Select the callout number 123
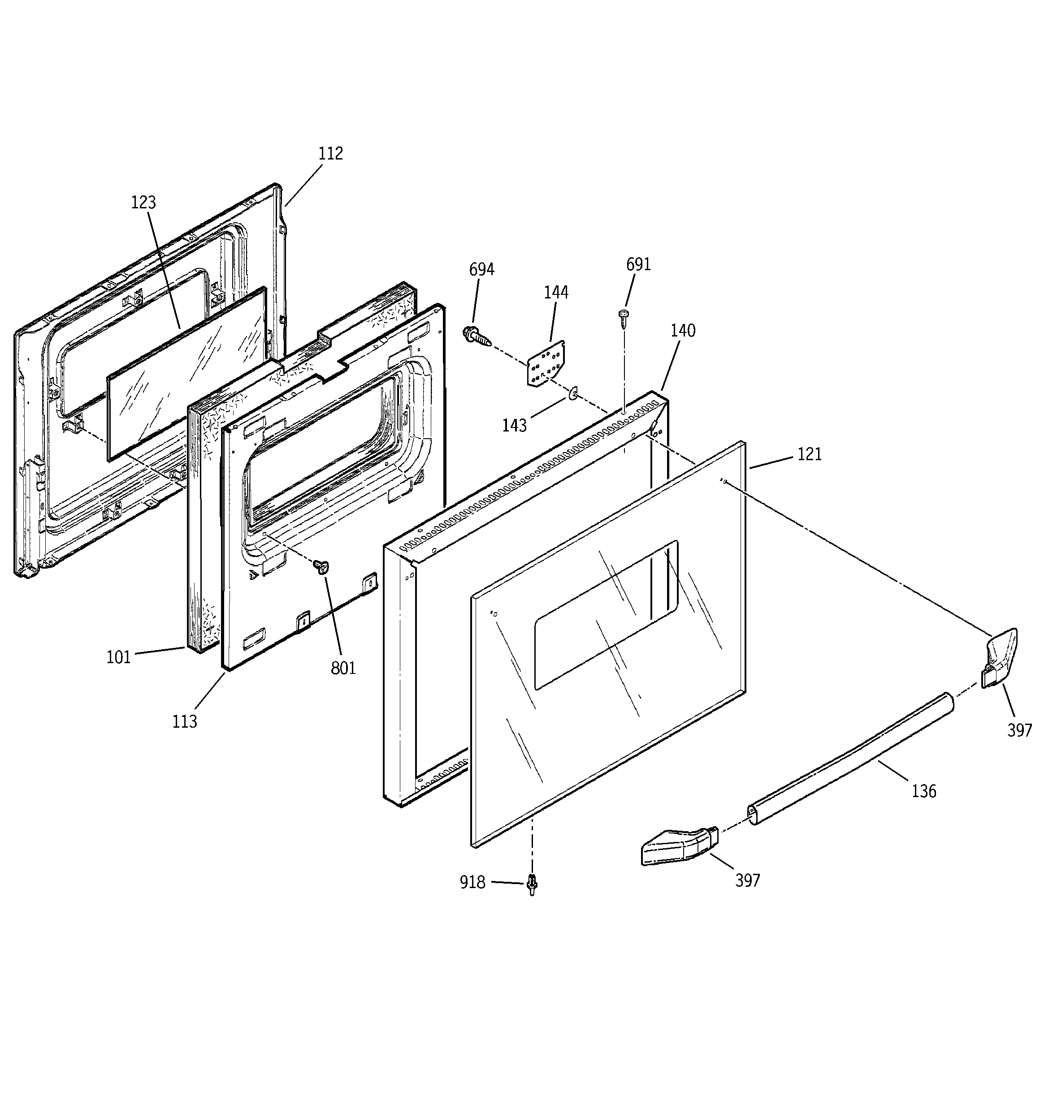143,203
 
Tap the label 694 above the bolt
481,270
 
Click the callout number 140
683,331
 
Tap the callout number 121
810,455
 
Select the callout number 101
118,658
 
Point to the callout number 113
184,722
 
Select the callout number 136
924,791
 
